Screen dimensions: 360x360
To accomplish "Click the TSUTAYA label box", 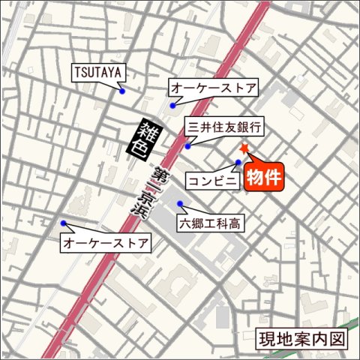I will (99, 73).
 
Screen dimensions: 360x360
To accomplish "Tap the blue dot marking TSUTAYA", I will (121, 91).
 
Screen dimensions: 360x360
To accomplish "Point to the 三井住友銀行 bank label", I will (225, 127).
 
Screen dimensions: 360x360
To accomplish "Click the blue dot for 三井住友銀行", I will (187, 145).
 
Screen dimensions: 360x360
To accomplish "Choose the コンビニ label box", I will (213, 180).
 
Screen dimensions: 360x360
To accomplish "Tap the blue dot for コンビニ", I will (238, 163).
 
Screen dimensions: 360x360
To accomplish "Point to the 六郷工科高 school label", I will (209, 223).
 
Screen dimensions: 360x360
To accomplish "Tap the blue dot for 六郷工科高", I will (179, 204).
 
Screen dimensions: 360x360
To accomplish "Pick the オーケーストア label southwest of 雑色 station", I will (105, 244).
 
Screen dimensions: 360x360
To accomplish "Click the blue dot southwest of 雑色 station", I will (63, 223).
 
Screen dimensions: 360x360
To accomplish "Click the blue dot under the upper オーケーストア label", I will (172, 106).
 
